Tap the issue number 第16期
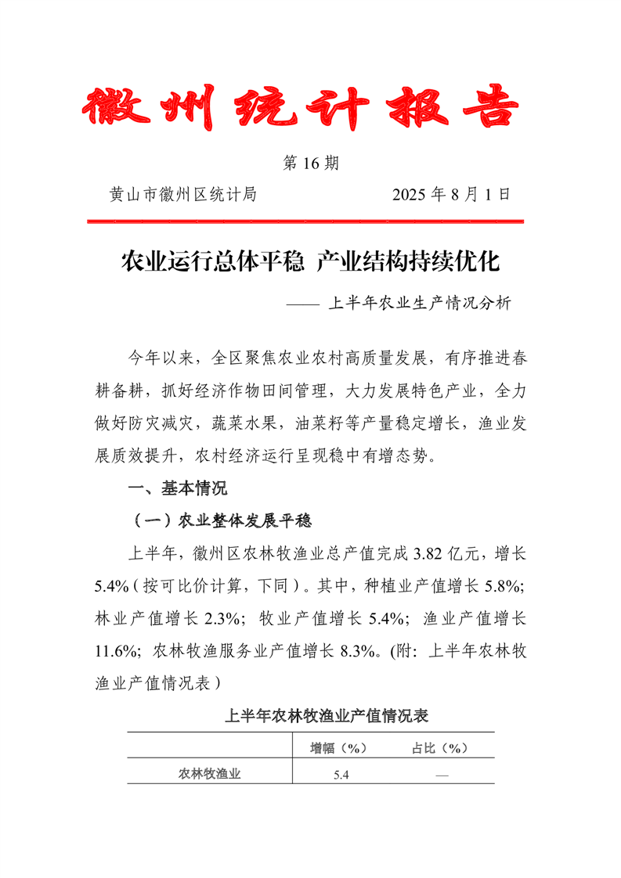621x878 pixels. [x=310, y=164]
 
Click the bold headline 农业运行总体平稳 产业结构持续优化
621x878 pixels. [x=310, y=261]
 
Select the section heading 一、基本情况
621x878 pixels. [x=178, y=489]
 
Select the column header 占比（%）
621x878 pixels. [x=439, y=747]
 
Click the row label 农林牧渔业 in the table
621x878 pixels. [x=209, y=774]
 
